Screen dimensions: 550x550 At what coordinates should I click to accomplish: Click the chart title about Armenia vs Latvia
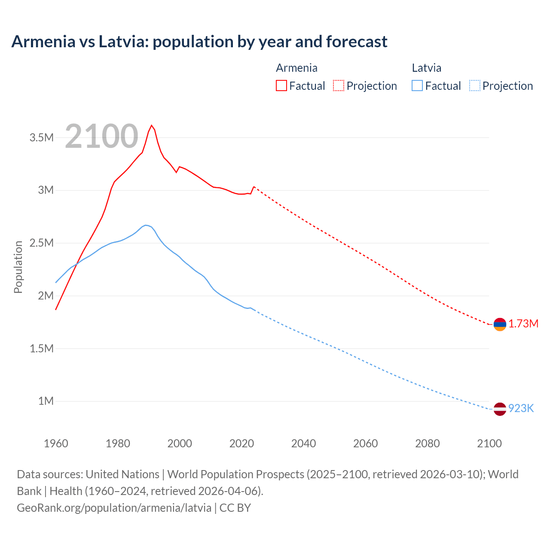pos(199,42)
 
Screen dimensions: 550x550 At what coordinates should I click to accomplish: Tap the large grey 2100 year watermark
pos(102,136)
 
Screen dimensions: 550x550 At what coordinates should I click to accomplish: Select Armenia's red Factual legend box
pos(281,86)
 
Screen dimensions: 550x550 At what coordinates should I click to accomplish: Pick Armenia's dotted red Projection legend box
pos(339,86)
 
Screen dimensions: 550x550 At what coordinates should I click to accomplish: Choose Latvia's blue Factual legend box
pos(417,86)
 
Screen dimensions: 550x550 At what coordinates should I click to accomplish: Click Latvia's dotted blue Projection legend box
pos(475,86)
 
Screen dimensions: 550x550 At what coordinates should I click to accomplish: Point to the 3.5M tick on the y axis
pos(42,137)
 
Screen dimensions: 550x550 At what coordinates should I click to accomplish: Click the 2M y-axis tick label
pos(46,296)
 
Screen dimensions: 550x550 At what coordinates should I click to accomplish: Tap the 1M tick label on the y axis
pos(46,401)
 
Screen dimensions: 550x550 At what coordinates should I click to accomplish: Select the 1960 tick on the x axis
pos(56,443)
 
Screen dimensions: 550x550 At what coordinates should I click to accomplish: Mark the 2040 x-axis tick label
pos(303,443)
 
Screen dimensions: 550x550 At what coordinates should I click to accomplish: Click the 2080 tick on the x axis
pos(427,443)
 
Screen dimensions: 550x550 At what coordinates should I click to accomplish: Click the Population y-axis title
pos(18,267)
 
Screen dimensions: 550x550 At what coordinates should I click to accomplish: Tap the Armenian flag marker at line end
pos(500,324)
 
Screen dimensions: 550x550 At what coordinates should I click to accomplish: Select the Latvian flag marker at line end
pos(500,409)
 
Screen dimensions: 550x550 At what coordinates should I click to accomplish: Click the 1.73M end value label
pos(523,324)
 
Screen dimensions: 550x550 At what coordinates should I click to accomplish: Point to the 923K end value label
pos(521,408)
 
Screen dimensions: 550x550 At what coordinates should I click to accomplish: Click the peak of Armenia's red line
pos(151,125)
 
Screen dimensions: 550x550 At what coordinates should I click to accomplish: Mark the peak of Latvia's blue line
pos(146,225)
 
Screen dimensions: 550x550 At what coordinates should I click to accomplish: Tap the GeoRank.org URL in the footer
pos(114,507)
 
